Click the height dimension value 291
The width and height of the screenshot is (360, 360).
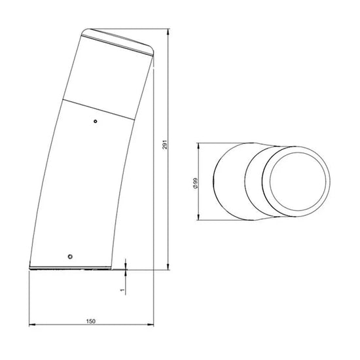click(x=166, y=145)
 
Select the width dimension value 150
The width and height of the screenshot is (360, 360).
click(x=91, y=321)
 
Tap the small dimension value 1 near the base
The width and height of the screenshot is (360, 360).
click(x=122, y=290)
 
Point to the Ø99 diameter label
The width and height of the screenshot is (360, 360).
click(x=196, y=183)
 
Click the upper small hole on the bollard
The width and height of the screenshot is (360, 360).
click(x=96, y=121)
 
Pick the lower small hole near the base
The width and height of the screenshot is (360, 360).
click(x=70, y=257)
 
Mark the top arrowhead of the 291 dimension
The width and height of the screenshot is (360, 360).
click(x=169, y=31)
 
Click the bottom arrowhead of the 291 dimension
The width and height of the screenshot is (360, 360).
click(x=169, y=267)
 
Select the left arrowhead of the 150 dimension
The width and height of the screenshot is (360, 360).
click(x=32, y=325)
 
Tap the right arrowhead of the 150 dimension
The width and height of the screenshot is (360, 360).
click(x=151, y=325)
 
